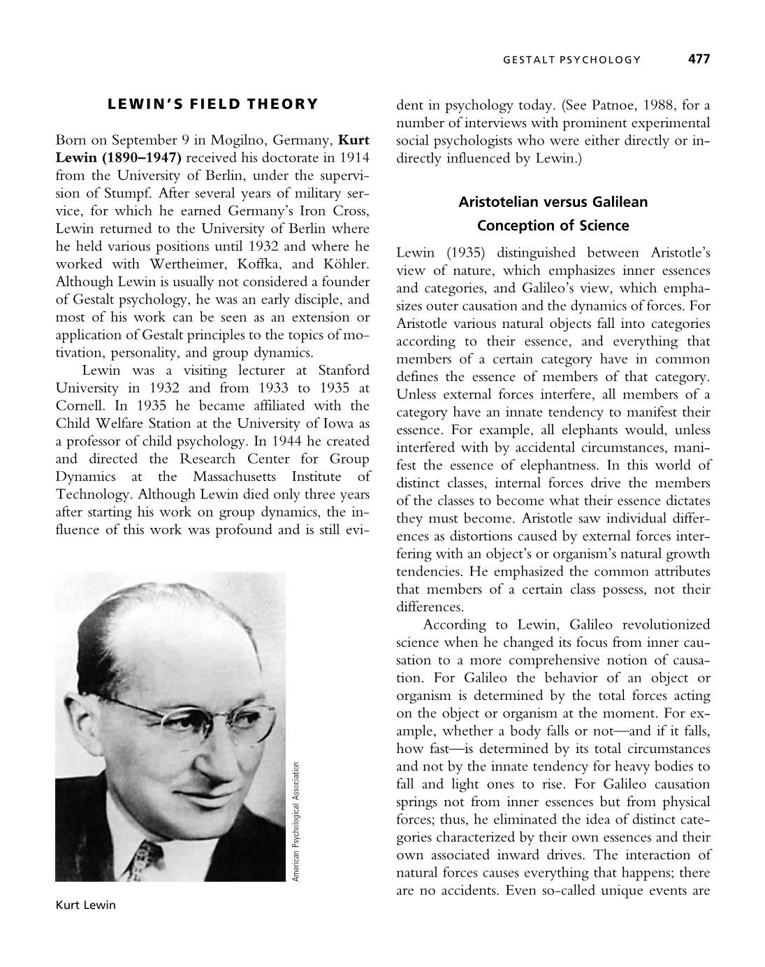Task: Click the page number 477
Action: pos(699,59)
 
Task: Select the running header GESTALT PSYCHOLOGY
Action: pos(571,60)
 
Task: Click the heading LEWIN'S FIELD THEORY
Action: pos(212,104)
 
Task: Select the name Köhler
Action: pos(345,264)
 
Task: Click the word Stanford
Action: pos(344,370)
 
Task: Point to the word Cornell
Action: pos(79,406)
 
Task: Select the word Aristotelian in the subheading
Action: pos(497,202)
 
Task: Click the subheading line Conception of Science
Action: pos(553,226)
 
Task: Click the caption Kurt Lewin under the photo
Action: pos(85,905)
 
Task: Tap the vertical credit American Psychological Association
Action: pos(296,822)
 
